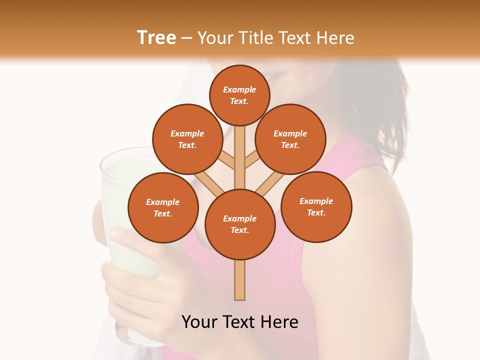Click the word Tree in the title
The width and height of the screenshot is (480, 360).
click(156, 38)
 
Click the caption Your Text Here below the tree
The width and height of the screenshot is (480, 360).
click(240, 321)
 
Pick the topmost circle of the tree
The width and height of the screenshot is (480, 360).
click(239, 95)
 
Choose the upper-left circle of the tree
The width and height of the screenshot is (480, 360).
click(187, 139)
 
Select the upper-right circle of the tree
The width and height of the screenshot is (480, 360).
click(290, 139)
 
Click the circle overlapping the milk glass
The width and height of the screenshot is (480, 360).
click(162, 207)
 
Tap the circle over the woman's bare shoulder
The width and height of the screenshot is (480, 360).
click(316, 206)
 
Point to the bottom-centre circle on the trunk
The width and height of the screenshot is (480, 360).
click(239, 224)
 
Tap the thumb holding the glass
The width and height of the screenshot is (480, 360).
click(120, 232)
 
